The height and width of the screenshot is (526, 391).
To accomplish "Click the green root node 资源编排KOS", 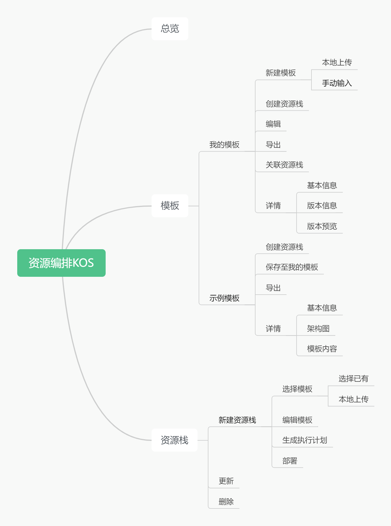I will point(61,263).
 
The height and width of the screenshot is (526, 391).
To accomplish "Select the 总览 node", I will point(170,29).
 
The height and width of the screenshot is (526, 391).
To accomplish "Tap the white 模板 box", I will point(170,206).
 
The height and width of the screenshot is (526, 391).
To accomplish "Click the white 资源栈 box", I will point(174,440).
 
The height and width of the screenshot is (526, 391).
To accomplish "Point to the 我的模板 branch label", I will point(224,145).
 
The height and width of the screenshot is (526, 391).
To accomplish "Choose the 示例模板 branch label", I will point(224,298).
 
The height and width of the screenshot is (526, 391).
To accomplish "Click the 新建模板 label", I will point(280,73).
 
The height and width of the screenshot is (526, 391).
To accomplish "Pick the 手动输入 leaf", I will point(337,83).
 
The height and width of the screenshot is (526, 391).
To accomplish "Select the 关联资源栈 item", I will point(284,165).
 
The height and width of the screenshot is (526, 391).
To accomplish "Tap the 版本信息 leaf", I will point(322,206).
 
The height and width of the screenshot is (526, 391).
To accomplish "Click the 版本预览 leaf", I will point(322,226).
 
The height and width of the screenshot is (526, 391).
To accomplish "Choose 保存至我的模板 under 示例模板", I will point(292,267).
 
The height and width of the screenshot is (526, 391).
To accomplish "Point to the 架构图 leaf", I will point(318,329).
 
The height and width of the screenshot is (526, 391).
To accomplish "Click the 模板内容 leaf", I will point(322,349).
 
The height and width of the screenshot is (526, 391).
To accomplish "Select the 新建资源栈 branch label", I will point(237,420).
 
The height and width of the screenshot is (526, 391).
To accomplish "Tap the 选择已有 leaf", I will point(353,379).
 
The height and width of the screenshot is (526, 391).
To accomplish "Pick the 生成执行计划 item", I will point(305,440).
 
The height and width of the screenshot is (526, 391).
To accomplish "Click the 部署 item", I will point(290,461).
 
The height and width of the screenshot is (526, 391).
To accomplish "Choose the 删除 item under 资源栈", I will point(226,502).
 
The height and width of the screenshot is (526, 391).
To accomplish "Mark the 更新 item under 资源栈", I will point(226,481).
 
